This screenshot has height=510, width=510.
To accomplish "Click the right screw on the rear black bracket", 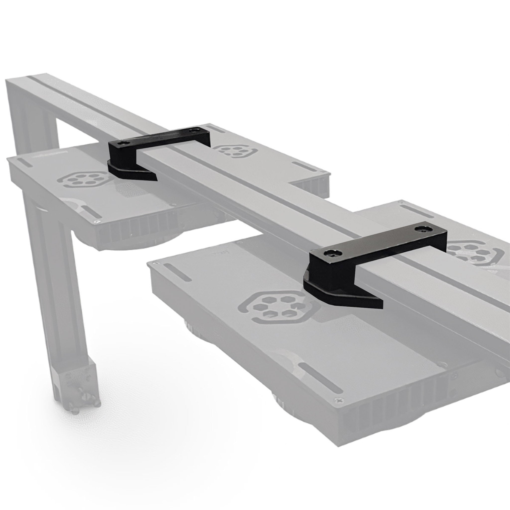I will tap(195, 130).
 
